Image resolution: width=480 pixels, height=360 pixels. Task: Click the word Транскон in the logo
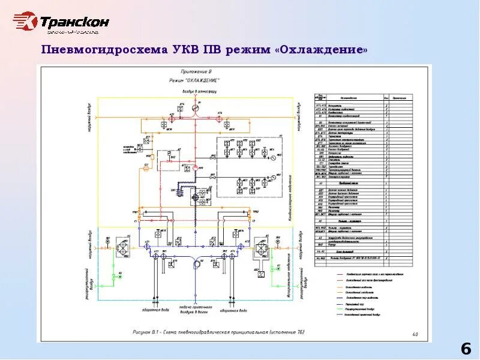(x=75, y=23)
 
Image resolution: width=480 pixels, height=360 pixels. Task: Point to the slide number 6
(x=466, y=349)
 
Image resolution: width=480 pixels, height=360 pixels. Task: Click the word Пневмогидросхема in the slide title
(x=99, y=50)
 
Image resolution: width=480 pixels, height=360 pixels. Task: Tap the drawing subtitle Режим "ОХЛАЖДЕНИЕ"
(x=194, y=80)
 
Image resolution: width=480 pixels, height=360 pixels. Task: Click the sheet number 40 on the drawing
(x=416, y=334)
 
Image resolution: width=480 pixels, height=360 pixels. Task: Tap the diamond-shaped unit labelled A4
(x=124, y=247)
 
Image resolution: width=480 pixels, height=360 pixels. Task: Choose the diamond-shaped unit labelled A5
(x=262, y=247)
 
